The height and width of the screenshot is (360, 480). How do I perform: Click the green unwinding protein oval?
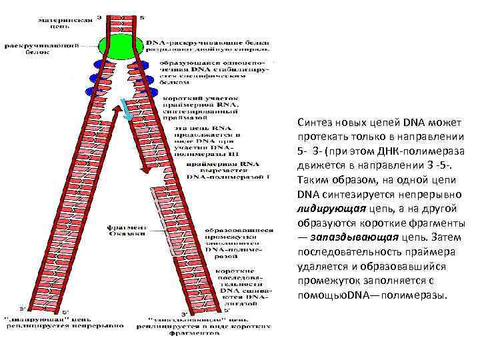tap(121, 45)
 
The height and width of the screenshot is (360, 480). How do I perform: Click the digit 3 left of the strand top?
tap(100, 16)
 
